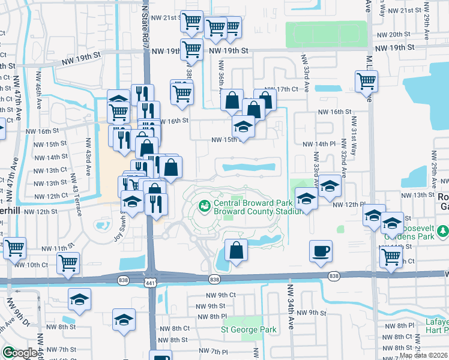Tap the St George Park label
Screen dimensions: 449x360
(249, 329)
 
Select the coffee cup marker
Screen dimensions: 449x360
(321, 251)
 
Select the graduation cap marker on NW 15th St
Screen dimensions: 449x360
(243, 127)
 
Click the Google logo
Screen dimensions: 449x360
(19, 352)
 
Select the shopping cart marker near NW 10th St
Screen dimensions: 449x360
(68, 262)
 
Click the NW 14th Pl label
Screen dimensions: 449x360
(318, 144)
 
